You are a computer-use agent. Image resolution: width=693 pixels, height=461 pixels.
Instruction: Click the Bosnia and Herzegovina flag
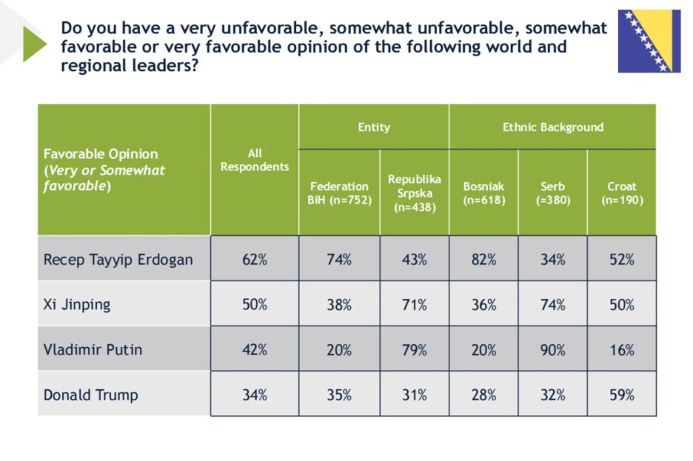[649, 41]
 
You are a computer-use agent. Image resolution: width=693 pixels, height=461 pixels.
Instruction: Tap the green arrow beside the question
[35, 44]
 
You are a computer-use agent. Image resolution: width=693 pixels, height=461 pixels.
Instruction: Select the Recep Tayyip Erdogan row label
[118, 260]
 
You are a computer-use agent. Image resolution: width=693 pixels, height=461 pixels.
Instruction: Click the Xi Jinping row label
[77, 305]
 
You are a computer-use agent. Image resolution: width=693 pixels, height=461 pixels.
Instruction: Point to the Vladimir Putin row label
[93, 350]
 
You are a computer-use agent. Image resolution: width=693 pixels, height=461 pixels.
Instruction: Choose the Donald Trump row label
[90, 394]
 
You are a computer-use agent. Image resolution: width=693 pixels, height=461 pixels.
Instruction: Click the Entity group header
[374, 127]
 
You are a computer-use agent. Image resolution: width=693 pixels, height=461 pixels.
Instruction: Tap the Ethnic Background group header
[553, 127]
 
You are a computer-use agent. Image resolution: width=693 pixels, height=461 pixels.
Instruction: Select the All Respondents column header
[255, 160]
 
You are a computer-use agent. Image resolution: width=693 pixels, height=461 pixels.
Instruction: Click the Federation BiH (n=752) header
[339, 193]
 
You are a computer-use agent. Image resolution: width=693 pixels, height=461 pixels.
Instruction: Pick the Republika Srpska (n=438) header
[415, 193]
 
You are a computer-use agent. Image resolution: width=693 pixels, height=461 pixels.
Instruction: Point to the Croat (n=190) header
[622, 193]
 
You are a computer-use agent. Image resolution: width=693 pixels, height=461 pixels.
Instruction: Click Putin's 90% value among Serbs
[553, 350]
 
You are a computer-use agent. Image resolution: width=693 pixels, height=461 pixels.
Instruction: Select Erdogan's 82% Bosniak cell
[483, 260]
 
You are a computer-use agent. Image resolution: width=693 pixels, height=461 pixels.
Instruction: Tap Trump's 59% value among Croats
[622, 394]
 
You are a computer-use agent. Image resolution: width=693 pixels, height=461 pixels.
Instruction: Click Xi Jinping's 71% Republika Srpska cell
[415, 305]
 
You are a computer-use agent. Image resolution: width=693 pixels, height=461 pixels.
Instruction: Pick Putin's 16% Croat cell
[622, 350]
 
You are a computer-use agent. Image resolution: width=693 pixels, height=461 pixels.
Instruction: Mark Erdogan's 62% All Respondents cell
[255, 260]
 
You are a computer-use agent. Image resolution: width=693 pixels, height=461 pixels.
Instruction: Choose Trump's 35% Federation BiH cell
[339, 394]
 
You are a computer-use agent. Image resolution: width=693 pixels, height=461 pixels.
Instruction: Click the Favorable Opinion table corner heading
[104, 170]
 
